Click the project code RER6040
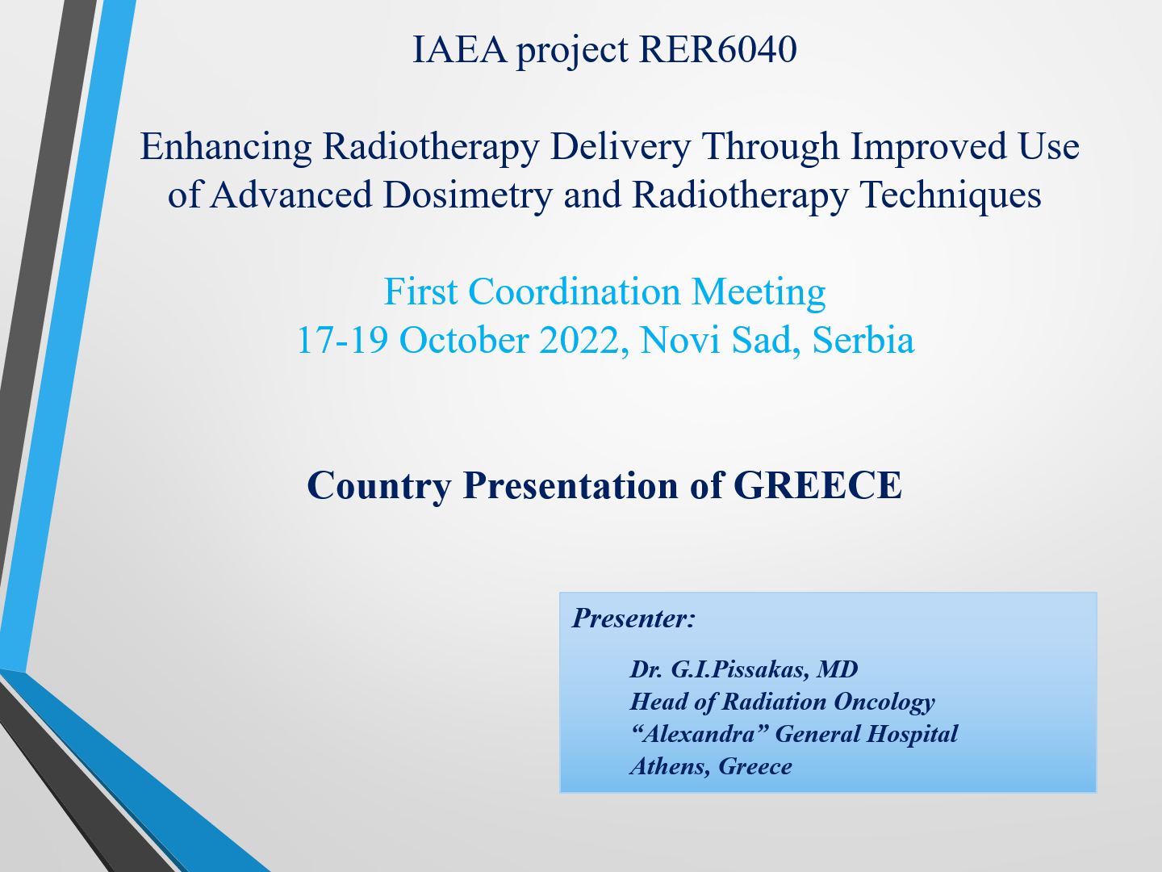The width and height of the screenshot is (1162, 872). (x=718, y=49)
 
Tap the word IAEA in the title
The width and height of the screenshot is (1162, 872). (x=459, y=49)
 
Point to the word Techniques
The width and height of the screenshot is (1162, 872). (x=951, y=195)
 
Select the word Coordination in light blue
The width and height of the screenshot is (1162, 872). (x=575, y=291)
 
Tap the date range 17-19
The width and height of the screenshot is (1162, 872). (x=342, y=340)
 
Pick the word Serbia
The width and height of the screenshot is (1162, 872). (x=863, y=340)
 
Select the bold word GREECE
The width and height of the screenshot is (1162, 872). (x=817, y=485)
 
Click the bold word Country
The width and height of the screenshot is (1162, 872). (x=379, y=486)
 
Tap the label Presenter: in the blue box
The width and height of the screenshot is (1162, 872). (x=633, y=618)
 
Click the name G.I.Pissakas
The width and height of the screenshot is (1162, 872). (x=740, y=670)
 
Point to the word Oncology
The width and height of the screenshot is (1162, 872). (x=884, y=702)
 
